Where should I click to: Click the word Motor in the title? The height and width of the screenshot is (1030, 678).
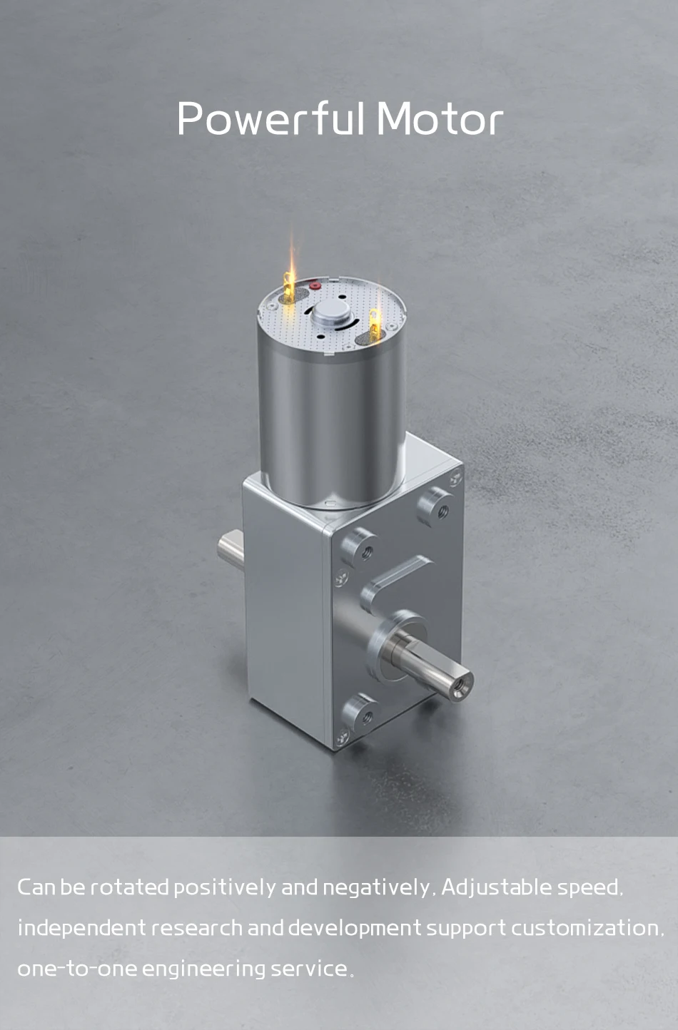click(x=440, y=118)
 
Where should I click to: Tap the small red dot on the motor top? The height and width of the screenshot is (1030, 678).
click(x=315, y=286)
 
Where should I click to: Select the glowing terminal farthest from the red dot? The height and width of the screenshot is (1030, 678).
click(x=375, y=325)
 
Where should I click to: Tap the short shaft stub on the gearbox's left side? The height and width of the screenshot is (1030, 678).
click(x=231, y=551)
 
